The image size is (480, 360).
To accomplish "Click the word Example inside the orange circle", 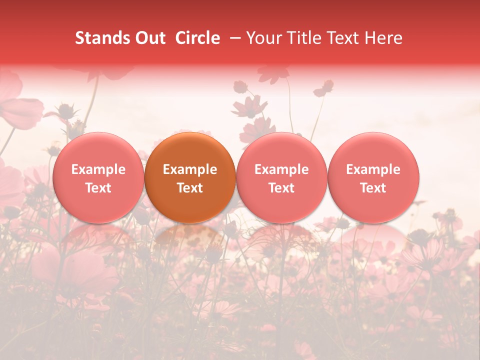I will point(190,170).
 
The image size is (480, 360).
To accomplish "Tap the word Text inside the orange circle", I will point(190,188).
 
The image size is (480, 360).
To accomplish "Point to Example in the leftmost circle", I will point(98,170).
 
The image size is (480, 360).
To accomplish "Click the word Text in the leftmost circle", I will point(98,188).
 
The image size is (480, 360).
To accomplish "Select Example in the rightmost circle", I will point(373,170).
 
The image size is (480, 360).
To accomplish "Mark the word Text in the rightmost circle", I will point(373,188).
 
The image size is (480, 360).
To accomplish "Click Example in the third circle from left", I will point(281,170).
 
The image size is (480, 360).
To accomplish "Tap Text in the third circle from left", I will point(281,188).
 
